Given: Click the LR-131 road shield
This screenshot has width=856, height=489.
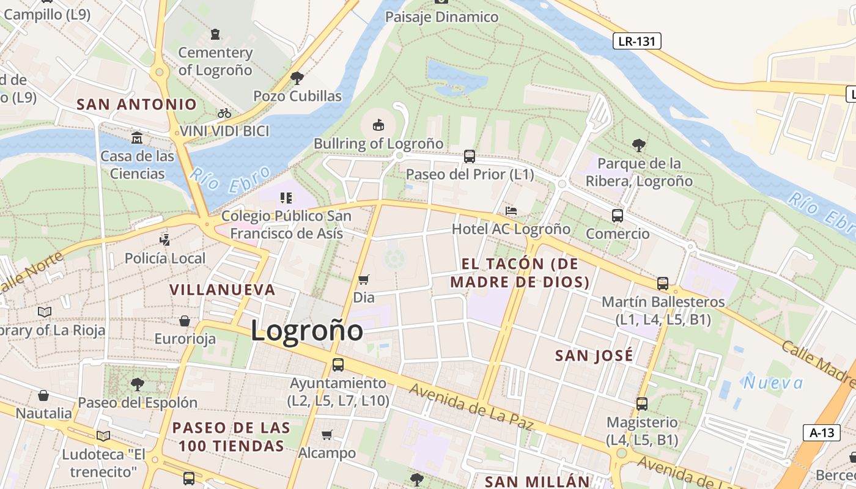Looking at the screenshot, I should [x=636, y=41].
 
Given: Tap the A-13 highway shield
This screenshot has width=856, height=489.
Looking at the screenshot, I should [x=821, y=433].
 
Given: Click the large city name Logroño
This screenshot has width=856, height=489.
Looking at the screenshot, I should [x=307, y=331].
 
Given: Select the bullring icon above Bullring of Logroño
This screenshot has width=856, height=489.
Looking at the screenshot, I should [x=378, y=125].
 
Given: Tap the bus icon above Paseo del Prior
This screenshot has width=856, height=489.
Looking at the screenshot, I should [x=470, y=156].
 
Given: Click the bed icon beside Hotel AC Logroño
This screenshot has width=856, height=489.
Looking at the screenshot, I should [x=511, y=211].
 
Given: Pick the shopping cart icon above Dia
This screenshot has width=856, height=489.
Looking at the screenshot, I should [x=364, y=279].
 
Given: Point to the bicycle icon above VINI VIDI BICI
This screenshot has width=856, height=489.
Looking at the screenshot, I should [x=224, y=113].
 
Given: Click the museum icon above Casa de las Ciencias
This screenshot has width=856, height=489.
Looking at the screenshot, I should [x=137, y=137].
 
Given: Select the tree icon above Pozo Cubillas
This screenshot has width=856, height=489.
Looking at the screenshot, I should [x=297, y=78].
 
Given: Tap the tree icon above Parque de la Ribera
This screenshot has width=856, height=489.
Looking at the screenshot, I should [x=639, y=145].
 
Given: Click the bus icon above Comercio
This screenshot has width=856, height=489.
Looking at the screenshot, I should [x=618, y=215].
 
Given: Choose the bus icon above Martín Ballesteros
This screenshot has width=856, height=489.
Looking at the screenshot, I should [x=663, y=283].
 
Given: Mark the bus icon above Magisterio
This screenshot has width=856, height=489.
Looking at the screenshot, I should [x=641, y=403].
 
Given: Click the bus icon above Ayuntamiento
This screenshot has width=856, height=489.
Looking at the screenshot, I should [x=338, y=365].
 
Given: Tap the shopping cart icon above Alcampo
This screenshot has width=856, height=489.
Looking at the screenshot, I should [x=327, y=435].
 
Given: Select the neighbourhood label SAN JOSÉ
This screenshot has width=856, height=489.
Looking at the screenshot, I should [x=594, y=356].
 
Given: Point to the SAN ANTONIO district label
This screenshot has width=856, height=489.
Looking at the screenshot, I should [x=136, y=105].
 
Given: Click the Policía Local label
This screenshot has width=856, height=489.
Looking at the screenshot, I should [x=165, y=259].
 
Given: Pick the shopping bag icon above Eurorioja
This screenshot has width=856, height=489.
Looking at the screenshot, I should [x=185, y=320].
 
